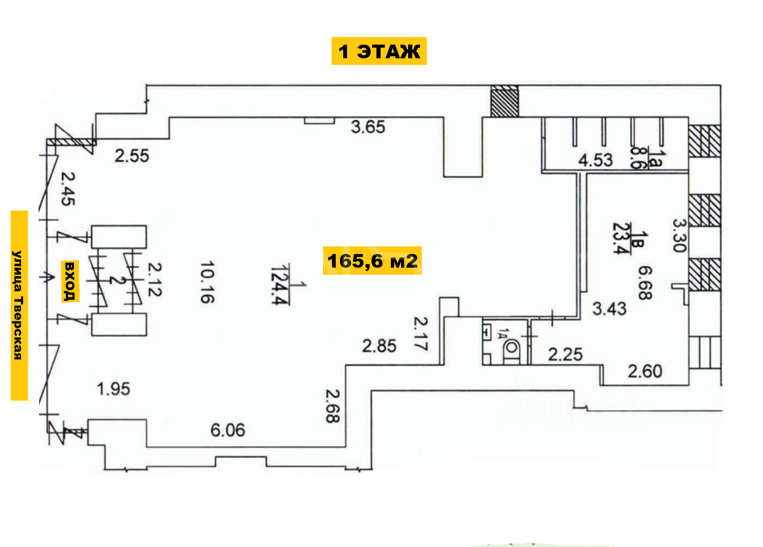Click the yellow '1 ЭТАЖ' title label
tap(379, 51)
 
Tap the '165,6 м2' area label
tap(372, 261)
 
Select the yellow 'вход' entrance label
tap(70, 281)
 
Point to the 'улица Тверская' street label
tap(19, 305)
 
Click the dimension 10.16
tap(207, 282)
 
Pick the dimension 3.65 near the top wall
tap(368, 127)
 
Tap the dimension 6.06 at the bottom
tap(228, 430)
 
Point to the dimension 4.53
tap(595, 160)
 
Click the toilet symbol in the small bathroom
tap(511, 351)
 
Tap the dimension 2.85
tap(379, 346)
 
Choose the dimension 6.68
tap(645, 283)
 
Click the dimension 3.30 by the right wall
tap(679, 235)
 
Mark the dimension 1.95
tap(114, 389)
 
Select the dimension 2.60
tap(645, 371)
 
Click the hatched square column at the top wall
tap(505, 101)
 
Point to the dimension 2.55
tap(132, 156)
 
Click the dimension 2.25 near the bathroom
tap(565, 354)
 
